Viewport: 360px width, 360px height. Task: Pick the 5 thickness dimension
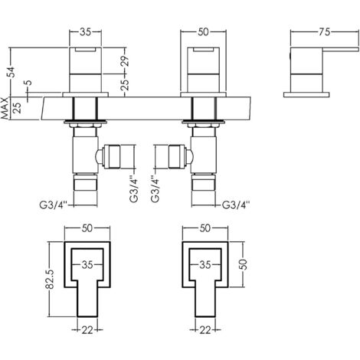coord(27,86)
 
